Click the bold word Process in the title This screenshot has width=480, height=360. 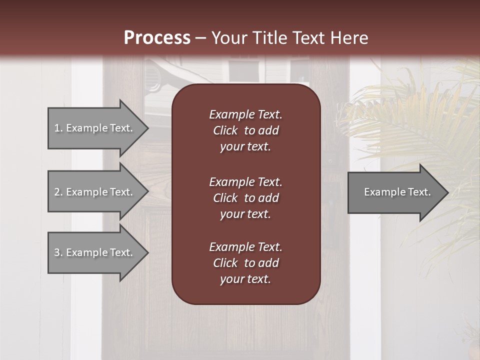pos(157,38)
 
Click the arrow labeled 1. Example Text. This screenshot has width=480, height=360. pos(95,128)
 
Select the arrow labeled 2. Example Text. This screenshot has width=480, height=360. pos(95,192)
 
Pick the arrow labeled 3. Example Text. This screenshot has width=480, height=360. pos(95,252)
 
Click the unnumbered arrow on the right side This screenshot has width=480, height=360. pos(395,192)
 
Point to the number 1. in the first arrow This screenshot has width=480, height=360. pos(58,128)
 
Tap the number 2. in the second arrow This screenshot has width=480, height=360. pos(58,192)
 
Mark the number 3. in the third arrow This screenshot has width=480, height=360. pos(58,252)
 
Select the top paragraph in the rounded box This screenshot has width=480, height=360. pos(245,130)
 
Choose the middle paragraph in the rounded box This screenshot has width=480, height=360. pos(245,198)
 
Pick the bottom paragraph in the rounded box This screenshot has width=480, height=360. pos(245,263)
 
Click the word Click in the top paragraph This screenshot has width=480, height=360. pos(225,130)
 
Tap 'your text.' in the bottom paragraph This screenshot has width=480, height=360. pos(245,279)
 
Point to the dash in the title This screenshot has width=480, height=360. pos(200,38)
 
